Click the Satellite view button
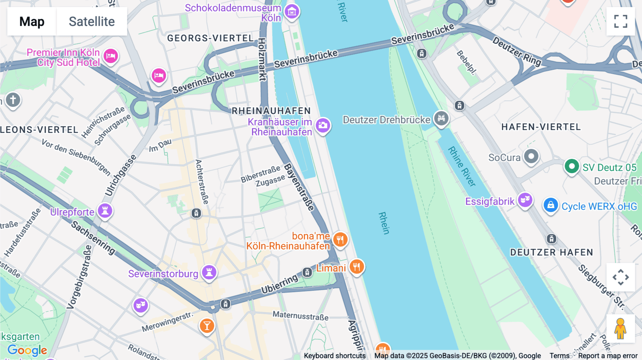tap(92, 21)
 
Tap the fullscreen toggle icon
tap(621, 21)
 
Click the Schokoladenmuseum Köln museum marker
tap(292, 12)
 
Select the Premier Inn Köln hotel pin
tap(111, 56)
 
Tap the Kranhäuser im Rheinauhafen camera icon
tap(323, 125)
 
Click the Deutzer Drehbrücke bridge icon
tap(441, 118)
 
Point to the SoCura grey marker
tap(531, 156)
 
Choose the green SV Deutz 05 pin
tap(572, 166)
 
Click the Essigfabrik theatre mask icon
tap(525, 200)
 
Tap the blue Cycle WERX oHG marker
tap(551, 205)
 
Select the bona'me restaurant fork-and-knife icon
tap(340, 239)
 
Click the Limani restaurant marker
tap(356, 266)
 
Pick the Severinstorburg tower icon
tap(209, 273)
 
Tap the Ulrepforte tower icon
tap(105, 210)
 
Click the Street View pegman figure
tap(620, 328)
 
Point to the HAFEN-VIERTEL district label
tap(541, 127)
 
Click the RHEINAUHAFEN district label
tap(271, 111)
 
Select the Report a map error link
tap(608, 356)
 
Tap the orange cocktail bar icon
tap(207, 325)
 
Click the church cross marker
tap(13, 100)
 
